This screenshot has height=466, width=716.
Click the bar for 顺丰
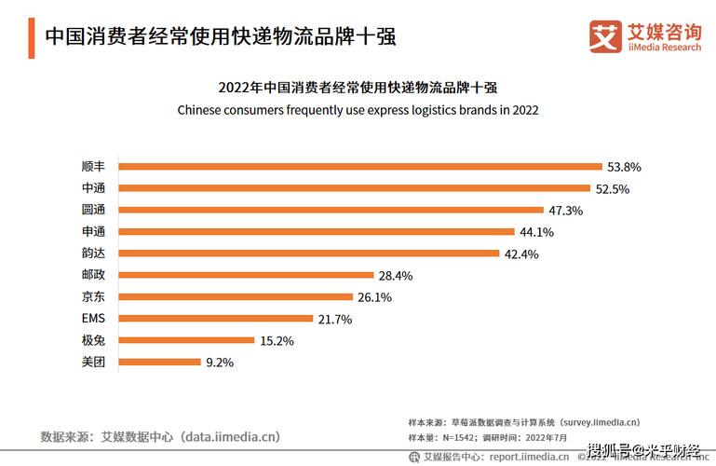click(x=361, y=167)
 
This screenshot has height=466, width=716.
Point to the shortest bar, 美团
click(x=160, y=362)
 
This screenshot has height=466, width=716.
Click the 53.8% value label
click(x=625, y=167)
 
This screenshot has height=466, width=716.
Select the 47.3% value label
click(x=565, y=211)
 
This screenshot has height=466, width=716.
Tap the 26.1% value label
click(x=374, y=297)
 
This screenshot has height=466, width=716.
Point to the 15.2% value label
click(x=277, y=341)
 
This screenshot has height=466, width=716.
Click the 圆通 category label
click(x=94, y=211)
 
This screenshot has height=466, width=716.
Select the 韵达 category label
click(x=94, y=254)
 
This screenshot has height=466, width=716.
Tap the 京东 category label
click(x=94, y=297)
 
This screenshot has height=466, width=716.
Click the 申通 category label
click(x=94, y=232)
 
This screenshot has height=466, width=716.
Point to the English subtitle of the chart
click(x=358, y=110)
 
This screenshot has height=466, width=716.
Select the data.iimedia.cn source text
click(x=230, y=436)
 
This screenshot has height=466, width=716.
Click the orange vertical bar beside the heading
click(x=32, y=36)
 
